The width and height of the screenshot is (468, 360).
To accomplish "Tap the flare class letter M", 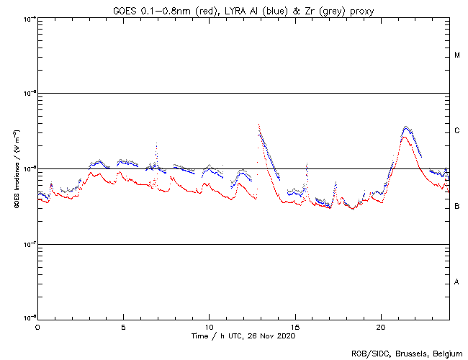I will point(457,55).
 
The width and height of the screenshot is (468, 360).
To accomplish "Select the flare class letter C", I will point(457,131).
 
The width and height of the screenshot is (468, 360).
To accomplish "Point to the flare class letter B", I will point(457,207).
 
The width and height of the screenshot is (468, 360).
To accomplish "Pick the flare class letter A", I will point(457,282).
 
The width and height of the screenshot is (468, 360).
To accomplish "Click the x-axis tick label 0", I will point(37,326).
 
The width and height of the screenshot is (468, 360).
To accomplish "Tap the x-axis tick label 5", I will point(123,326).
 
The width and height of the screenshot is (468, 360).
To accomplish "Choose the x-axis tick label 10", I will point(209,326).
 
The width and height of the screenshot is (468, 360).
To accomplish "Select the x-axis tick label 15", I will point(294,326).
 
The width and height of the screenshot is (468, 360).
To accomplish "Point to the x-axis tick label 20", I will point(380,326).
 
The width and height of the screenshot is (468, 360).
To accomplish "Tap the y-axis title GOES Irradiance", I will point(15,168).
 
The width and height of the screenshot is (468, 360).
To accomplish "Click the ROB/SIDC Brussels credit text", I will point(408,353).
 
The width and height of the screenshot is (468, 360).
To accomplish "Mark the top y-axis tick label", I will point(30,19).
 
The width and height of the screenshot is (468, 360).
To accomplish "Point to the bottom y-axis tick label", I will point(30,318).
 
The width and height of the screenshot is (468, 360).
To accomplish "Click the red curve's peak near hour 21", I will point(405,137).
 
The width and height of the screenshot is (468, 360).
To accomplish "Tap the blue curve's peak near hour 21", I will point(407,127).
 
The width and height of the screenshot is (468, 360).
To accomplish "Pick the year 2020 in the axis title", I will point(287,336).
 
